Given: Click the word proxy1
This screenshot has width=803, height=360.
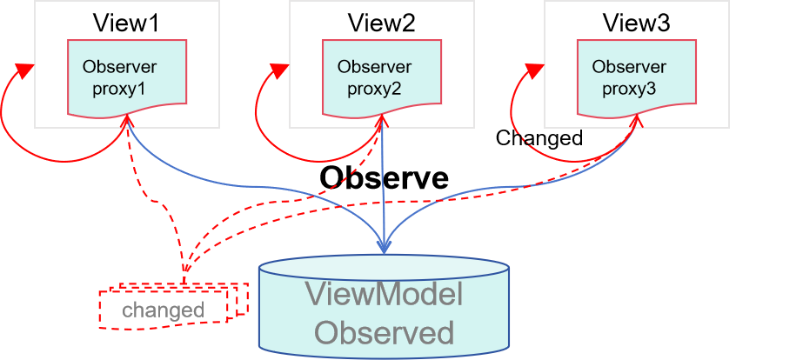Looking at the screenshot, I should pos(118,89).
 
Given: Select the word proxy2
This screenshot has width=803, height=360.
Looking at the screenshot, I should pos(374,89).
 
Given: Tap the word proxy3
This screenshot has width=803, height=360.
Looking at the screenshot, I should pos(628,89).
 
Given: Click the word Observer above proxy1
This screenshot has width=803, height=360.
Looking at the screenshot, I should pos(119,67).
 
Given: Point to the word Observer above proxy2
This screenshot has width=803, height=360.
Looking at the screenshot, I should pos(374,67).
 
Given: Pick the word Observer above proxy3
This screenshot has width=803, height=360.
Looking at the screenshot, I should pos(629,67).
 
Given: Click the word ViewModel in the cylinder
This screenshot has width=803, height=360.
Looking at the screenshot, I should pos(384,295).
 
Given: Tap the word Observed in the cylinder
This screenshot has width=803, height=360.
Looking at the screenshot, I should pos(384,332).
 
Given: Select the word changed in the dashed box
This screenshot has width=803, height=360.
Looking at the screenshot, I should pos(163,310).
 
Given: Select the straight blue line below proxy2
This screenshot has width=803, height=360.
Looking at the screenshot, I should pos(384,183).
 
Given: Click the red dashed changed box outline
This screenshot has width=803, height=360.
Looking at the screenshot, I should pos(101,310).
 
